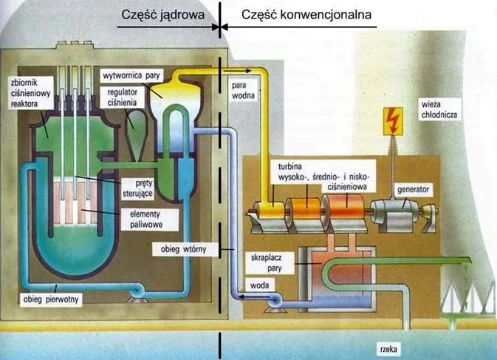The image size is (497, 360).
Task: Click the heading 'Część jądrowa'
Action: coord(162,13)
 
